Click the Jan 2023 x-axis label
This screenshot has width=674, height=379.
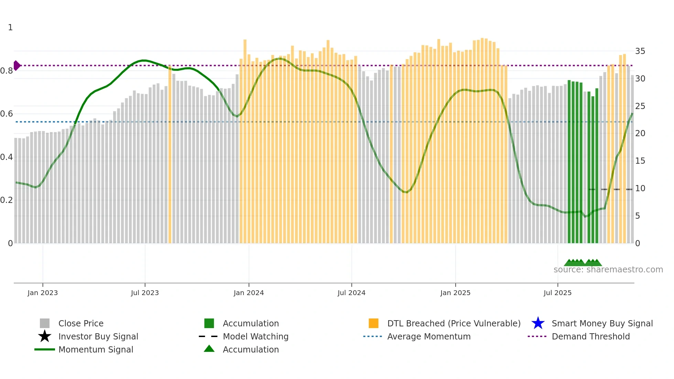pyautogui.click(x=43, y=293)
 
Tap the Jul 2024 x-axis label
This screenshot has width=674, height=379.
pyautogui.click(x=351, y=293)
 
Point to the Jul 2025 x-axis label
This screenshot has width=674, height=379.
pyautogui.click(x=557, y=293)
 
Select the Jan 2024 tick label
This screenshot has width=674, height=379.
pyautogui.click(x=249, y=293)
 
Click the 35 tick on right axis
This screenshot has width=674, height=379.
pyautogui.click(x=640, y=51)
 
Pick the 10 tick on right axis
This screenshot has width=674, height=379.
pyautogui.click(x=640, y=188)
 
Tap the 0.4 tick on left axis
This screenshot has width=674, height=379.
pyautogui.click(x=7, y=157)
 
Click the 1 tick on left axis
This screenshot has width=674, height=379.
pyautogui.click(x=10, y=28)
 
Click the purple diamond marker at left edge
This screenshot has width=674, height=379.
pyautogui.click(x=17, y=65)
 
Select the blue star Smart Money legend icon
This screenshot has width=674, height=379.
pyautogui.click(x=538, y=323)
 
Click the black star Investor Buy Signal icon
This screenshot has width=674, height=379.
pyautogui.click(x=45, y=336)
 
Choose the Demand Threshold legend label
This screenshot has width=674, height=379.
pyautogui.click(x=590, y=336)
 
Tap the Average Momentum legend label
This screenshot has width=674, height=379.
pyautogui.click(x=428, y=336)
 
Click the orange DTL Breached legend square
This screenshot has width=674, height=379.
pyautogui.click(x=373, y=323)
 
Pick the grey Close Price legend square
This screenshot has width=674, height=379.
pyautogui.click(x=45, y=323)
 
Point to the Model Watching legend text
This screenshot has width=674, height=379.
pyautogui.click(x=256, y=336)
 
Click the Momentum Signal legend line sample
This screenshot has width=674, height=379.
pyautogui.click(x=45, y=349)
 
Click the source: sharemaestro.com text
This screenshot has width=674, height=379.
pyautogui.click(x=608, y=270)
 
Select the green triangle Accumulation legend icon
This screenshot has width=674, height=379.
pyautogui.click(x=209, y=349)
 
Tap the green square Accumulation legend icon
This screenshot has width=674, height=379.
pyautogui.click(x=209, y=323)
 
